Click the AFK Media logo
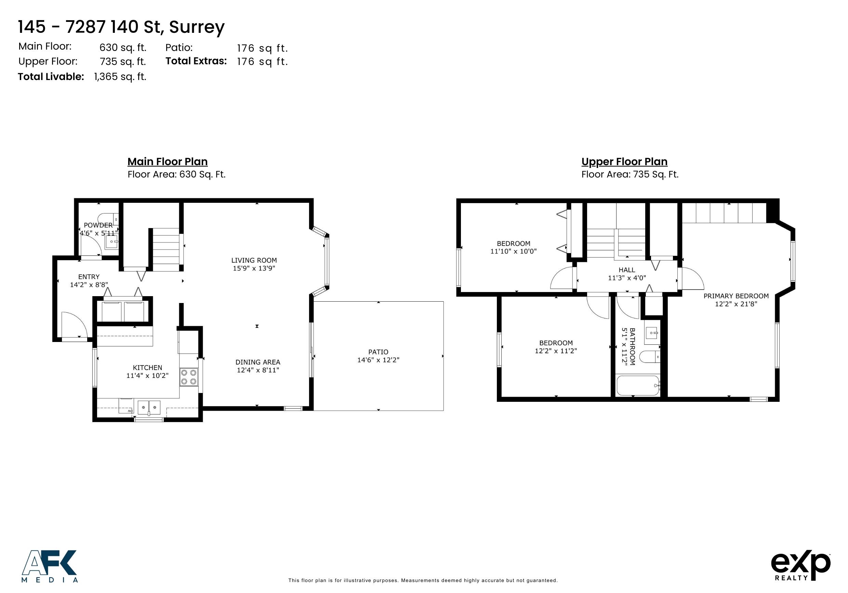50,566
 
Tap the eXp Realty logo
801,566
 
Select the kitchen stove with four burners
189,377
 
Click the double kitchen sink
149,408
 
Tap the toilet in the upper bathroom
649,357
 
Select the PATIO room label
378,352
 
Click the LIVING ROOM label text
254,261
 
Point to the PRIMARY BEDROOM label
736,296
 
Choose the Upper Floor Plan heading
624,162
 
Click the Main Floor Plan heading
168,162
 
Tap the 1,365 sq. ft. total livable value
120,77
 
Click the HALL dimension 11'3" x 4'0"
627,278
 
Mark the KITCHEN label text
147,368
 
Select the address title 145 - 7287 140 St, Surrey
121,27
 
